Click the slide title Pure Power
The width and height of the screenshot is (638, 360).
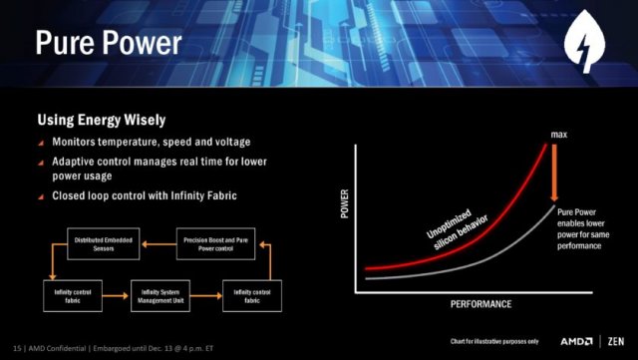109,43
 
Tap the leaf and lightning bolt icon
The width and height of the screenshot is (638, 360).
587,47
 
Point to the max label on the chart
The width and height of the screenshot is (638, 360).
558,134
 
